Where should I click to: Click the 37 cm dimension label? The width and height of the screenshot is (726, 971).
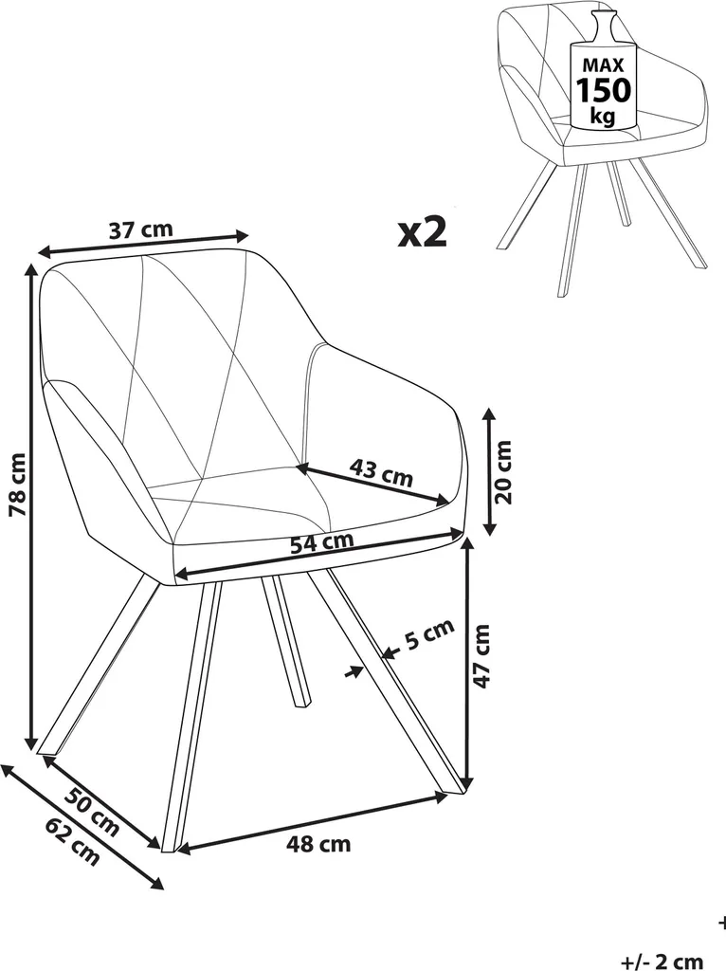(141, 229)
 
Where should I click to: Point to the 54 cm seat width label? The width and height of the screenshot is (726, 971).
(322, 542)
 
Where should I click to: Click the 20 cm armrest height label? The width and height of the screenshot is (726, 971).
(504, 472)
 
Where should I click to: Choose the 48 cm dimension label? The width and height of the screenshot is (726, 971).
(318, 843)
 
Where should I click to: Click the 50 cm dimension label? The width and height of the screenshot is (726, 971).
(92, 812)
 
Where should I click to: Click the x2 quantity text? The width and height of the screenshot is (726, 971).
(422, 232)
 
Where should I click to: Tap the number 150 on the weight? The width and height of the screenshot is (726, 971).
(603, 90)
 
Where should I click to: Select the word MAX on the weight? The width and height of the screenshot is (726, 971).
(603, 65)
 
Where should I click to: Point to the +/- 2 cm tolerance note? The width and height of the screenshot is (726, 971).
(662, 962)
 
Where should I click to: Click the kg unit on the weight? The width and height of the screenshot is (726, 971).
(603, 116)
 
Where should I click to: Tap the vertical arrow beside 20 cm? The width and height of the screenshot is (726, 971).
(489, 471)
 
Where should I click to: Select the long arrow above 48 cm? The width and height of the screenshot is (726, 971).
(313, 822)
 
